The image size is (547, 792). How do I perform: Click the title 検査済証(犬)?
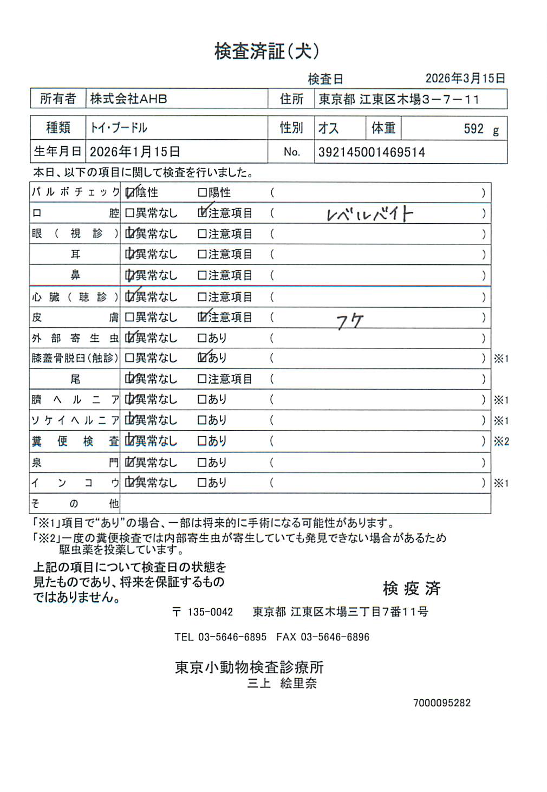coord(267,51)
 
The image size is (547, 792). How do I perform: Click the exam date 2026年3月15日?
coord(465,78)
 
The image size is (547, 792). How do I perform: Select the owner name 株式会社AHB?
coord(128,99)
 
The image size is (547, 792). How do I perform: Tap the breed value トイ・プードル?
coord(119,128)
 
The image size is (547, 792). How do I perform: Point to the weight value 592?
coord(473,129)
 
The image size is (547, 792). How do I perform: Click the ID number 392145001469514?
coord(372,152)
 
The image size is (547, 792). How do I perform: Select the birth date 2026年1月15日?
coord(135,152)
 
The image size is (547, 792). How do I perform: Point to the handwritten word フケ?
coord(349,322)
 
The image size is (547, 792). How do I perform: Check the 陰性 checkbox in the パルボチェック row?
coord(129,192)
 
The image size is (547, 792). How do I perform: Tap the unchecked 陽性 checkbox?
coord(202,192)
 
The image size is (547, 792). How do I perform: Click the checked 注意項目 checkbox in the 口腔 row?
coord(202,213)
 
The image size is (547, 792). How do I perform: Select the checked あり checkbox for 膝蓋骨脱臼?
coord(202,358)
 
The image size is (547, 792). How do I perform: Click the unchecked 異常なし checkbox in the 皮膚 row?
coord(129,317)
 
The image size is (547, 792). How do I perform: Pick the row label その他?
coord(75,503)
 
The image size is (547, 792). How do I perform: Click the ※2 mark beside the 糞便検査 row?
coord(501,441)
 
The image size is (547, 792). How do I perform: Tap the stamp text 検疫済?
coord(412,588)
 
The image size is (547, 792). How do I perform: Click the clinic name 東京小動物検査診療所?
coord(249,667)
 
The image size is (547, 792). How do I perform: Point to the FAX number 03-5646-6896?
coord(335,637)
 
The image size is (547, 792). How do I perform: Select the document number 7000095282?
coord(442,703)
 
